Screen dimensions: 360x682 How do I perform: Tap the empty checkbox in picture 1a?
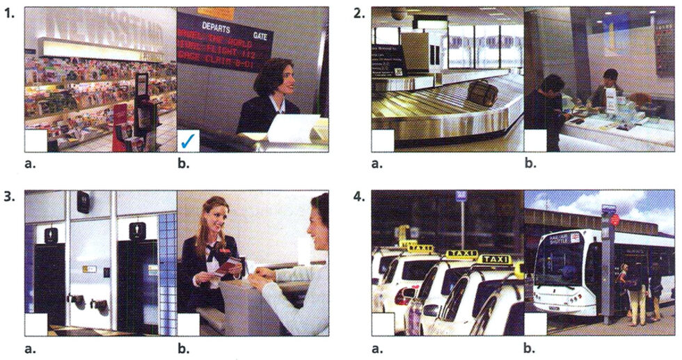[x=36, y=141]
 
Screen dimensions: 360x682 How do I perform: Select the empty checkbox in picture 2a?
[x=383, y=141]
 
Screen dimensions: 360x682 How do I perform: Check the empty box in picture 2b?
[x=534, y=141]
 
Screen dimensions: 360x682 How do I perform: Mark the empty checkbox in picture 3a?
[x=36, y=324]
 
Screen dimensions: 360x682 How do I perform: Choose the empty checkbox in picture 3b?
[x=188, y=324]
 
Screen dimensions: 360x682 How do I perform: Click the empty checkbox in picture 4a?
[x=383, y=324]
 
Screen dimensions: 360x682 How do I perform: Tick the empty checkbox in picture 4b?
[x=534, y=324]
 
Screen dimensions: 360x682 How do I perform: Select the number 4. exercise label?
[x=358, y=197]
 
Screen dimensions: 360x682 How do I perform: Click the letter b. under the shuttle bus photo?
[x=530, y=346]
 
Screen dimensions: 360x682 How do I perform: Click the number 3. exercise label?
[x=9, y=197]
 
